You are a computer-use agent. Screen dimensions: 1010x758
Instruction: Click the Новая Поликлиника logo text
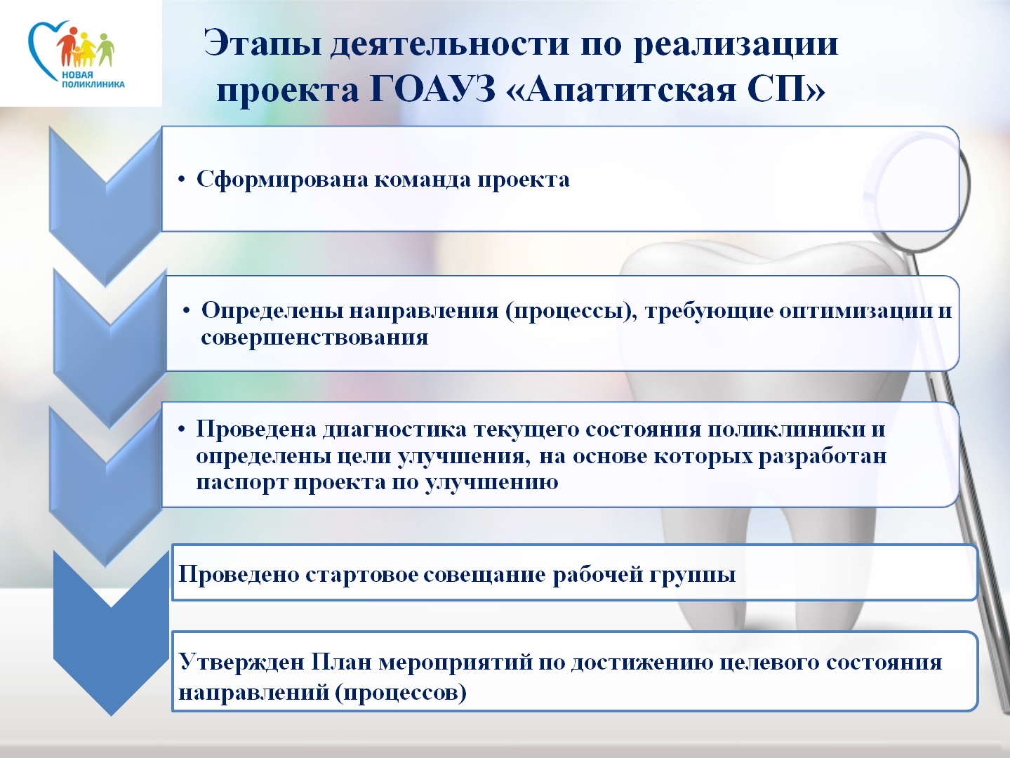point(93,79)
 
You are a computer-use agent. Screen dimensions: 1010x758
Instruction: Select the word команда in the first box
point(423,180)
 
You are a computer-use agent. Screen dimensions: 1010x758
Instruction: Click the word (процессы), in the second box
point(571,312)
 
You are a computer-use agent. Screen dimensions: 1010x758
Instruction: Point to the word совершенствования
point(314,338)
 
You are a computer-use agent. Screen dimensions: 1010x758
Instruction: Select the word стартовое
point(361,575)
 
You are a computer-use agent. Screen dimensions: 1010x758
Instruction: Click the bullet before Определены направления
point(187,312)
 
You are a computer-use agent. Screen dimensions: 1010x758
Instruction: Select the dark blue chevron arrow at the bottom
point(111,632)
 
